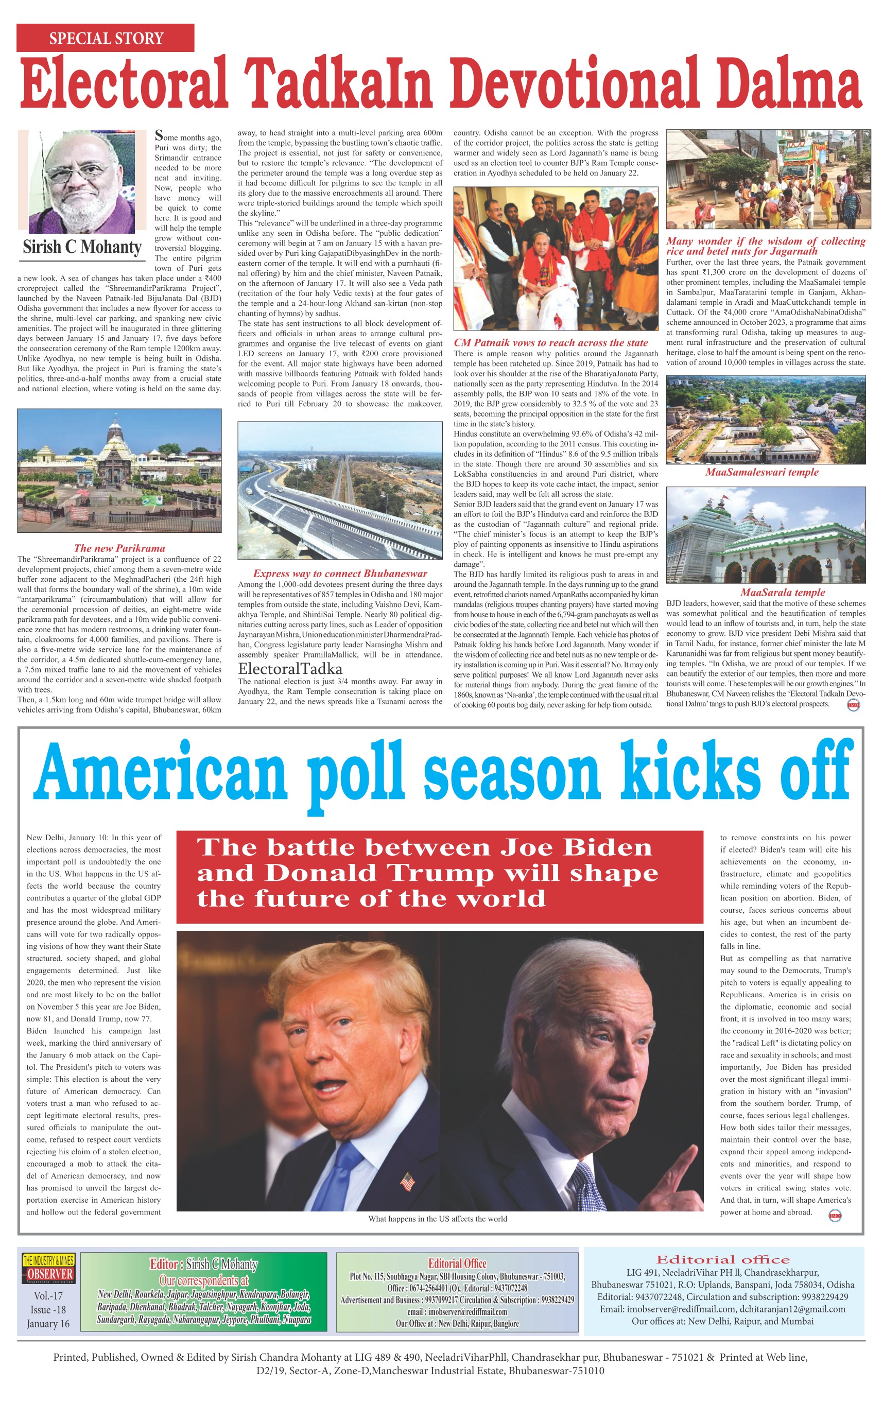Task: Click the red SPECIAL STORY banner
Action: click(106, 39)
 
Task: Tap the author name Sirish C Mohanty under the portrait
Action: click(82, 247)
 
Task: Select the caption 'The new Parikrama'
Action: click(119, 548)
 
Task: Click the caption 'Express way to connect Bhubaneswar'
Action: click(340, 574)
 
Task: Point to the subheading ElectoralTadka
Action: click(290, 668)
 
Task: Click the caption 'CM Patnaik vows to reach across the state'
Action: click(550, 343)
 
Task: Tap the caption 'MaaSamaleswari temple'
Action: click(761, 472)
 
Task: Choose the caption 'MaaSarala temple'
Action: click(783, 593)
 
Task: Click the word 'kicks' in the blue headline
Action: click(691, 773)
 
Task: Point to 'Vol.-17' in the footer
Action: click(48, 1295)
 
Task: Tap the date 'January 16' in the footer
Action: click(48, 1324)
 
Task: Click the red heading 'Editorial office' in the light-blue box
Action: click(722, 1260)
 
